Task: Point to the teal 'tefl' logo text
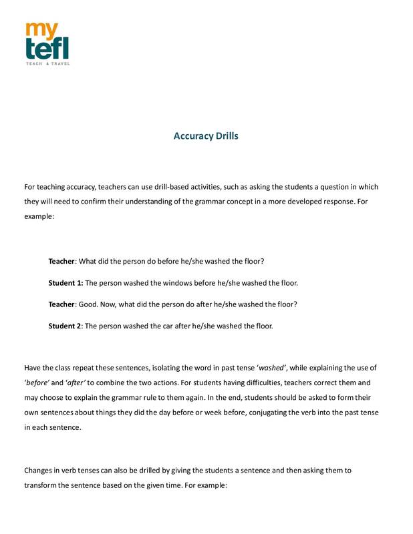46,47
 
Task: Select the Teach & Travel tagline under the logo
47,63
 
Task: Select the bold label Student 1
65,282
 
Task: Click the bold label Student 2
65,326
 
